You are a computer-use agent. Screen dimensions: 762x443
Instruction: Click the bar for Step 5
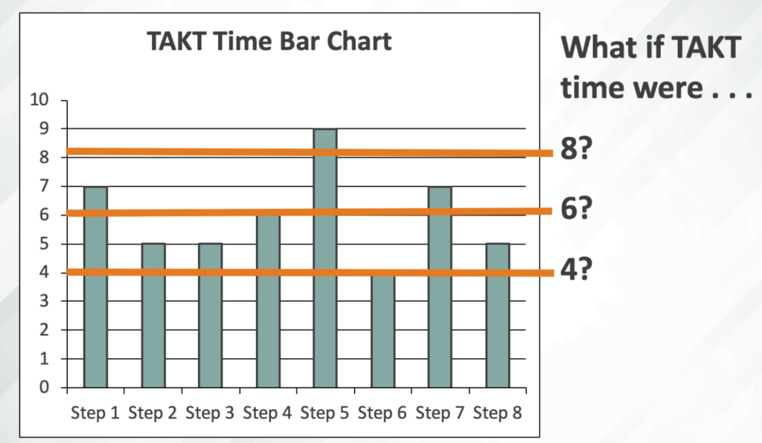point(325,258)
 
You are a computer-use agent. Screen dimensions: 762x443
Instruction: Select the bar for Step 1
point(96,287)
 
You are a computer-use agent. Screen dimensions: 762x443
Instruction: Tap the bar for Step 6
point(383,330)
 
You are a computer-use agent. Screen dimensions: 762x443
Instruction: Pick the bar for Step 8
point(498,315)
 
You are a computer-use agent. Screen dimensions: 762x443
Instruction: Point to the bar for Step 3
point(211,315)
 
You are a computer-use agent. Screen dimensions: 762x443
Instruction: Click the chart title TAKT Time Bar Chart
point(269,41)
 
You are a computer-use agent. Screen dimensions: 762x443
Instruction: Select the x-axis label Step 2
point(153,413)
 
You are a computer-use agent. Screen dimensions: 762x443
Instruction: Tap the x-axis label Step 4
point(267,413)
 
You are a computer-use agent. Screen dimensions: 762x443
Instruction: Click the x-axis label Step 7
point(440,413)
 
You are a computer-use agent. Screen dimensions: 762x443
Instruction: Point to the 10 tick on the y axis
point(39,100)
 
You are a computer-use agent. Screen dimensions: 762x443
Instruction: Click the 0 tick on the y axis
point(44,387)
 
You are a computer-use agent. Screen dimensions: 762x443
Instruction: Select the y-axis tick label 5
point(44,244)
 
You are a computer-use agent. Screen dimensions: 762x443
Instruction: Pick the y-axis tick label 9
point(44,129)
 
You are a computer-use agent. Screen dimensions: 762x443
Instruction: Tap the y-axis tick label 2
point(44,330)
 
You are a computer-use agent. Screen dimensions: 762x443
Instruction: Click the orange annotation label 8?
point(577,148)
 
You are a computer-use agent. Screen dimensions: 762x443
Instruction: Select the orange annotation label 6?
point(577,208)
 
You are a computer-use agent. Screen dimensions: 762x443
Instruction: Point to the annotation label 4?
point(577,269)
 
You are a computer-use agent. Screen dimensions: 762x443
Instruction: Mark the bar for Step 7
point(441,287)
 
